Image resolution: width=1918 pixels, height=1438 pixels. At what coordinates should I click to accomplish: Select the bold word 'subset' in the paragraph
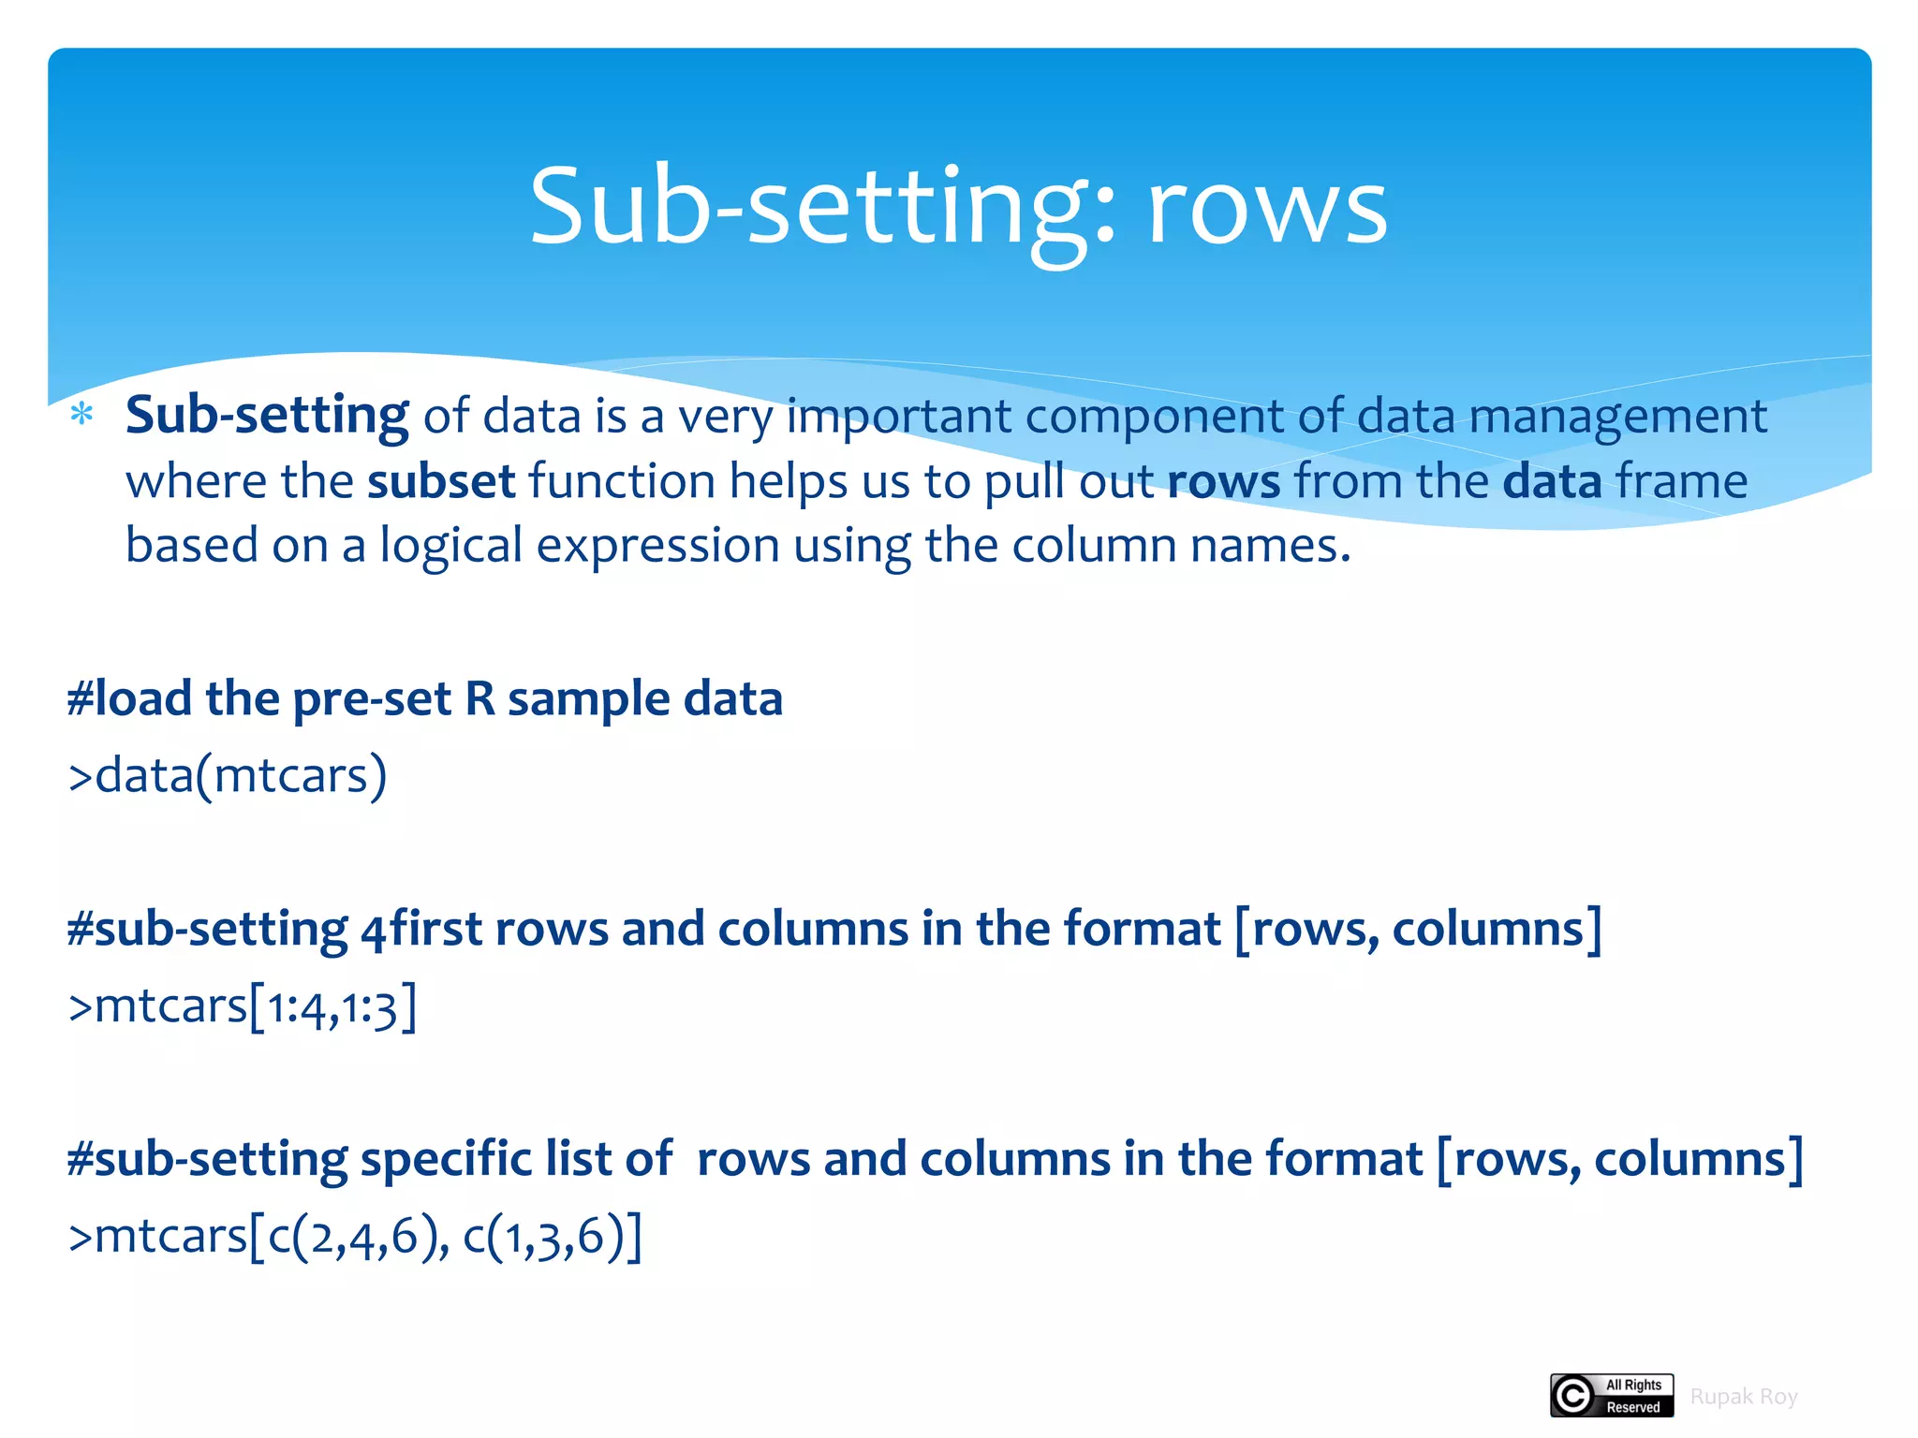pyautogui.click(x=441, y=481)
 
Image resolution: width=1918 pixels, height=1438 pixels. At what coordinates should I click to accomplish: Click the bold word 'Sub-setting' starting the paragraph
pyautogui.click(x=267, y=416)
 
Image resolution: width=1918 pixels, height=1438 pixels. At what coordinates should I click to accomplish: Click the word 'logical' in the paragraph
pyautogui.click(x=450, y=546)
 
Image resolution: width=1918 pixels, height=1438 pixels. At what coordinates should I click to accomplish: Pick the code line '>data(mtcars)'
pyautogui.click(x=228, y=775)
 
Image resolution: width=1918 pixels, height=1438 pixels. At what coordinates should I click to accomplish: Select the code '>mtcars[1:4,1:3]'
pyautogui.click(x=243, y=1006)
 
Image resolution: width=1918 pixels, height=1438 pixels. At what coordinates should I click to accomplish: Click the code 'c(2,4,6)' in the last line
pyautogui.click(x=351, y=1237)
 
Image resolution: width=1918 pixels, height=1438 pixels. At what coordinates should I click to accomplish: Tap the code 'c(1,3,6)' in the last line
pyautogui.click(x=543, y=1237)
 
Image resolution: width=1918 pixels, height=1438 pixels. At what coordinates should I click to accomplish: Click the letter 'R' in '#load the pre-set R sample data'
pyautogui.click(x=479, y=699)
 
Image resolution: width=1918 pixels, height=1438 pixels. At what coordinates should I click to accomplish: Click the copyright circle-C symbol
pyautogui.click(x=1573, y=1396)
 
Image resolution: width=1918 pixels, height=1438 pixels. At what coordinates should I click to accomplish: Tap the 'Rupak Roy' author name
pyautogui.click(x=1743, y=1397)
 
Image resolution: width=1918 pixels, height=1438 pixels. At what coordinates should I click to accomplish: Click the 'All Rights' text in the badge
pyautogui.click(x=1633, y=1385)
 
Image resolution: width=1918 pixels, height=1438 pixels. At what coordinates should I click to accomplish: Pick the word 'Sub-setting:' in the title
pyautogui.click(x=823, y=208)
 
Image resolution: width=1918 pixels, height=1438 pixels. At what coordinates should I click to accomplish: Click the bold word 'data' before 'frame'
pyautogui.click(x=1552, y=481)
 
